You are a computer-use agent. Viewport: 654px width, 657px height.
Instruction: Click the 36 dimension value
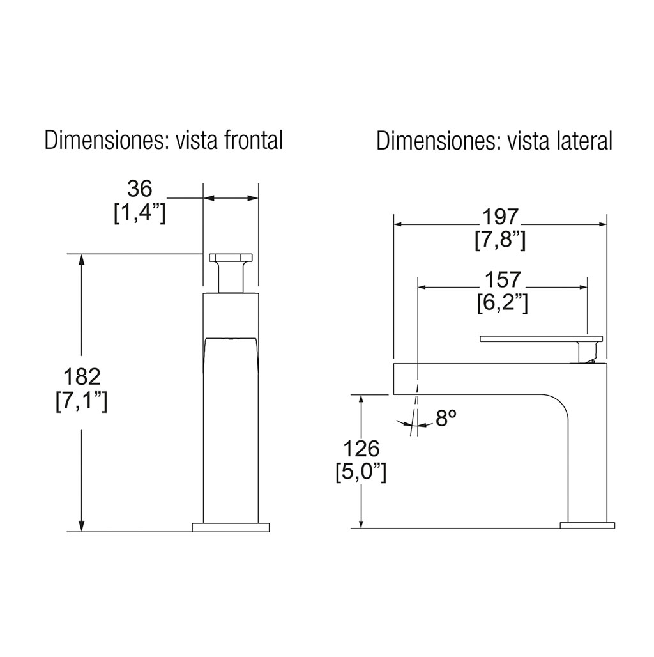click(139, 189)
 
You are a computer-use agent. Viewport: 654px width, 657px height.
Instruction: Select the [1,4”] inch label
click(140, 213)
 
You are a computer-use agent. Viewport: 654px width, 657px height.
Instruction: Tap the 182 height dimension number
click(82, 376)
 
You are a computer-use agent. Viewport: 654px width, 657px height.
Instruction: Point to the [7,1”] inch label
click(82, 401)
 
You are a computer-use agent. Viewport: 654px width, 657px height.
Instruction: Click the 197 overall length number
click(500, 217)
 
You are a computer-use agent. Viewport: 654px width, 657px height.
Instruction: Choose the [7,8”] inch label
click(500, 240)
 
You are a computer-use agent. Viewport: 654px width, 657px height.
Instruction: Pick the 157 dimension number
click(503, 279)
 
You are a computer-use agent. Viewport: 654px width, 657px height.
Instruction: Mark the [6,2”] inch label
click(503, 304)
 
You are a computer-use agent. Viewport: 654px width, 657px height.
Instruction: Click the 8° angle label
click(446, 418)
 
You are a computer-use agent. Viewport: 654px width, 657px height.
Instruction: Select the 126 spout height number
click(361, 449)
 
